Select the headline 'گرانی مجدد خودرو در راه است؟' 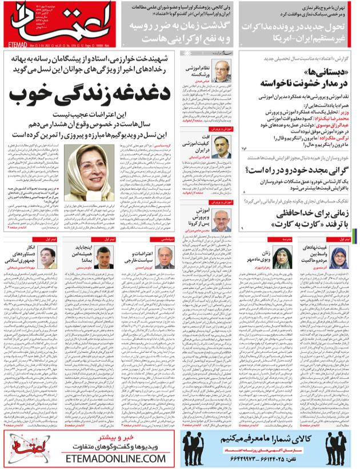point(298,169)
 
